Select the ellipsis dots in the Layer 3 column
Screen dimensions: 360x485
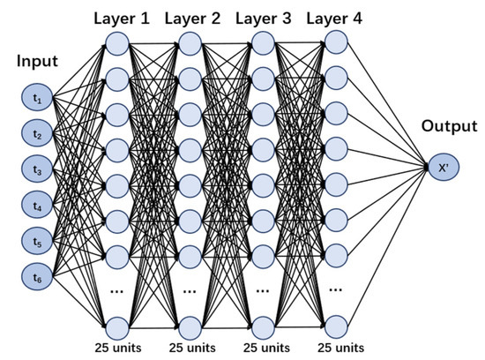(x=263, y=289)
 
